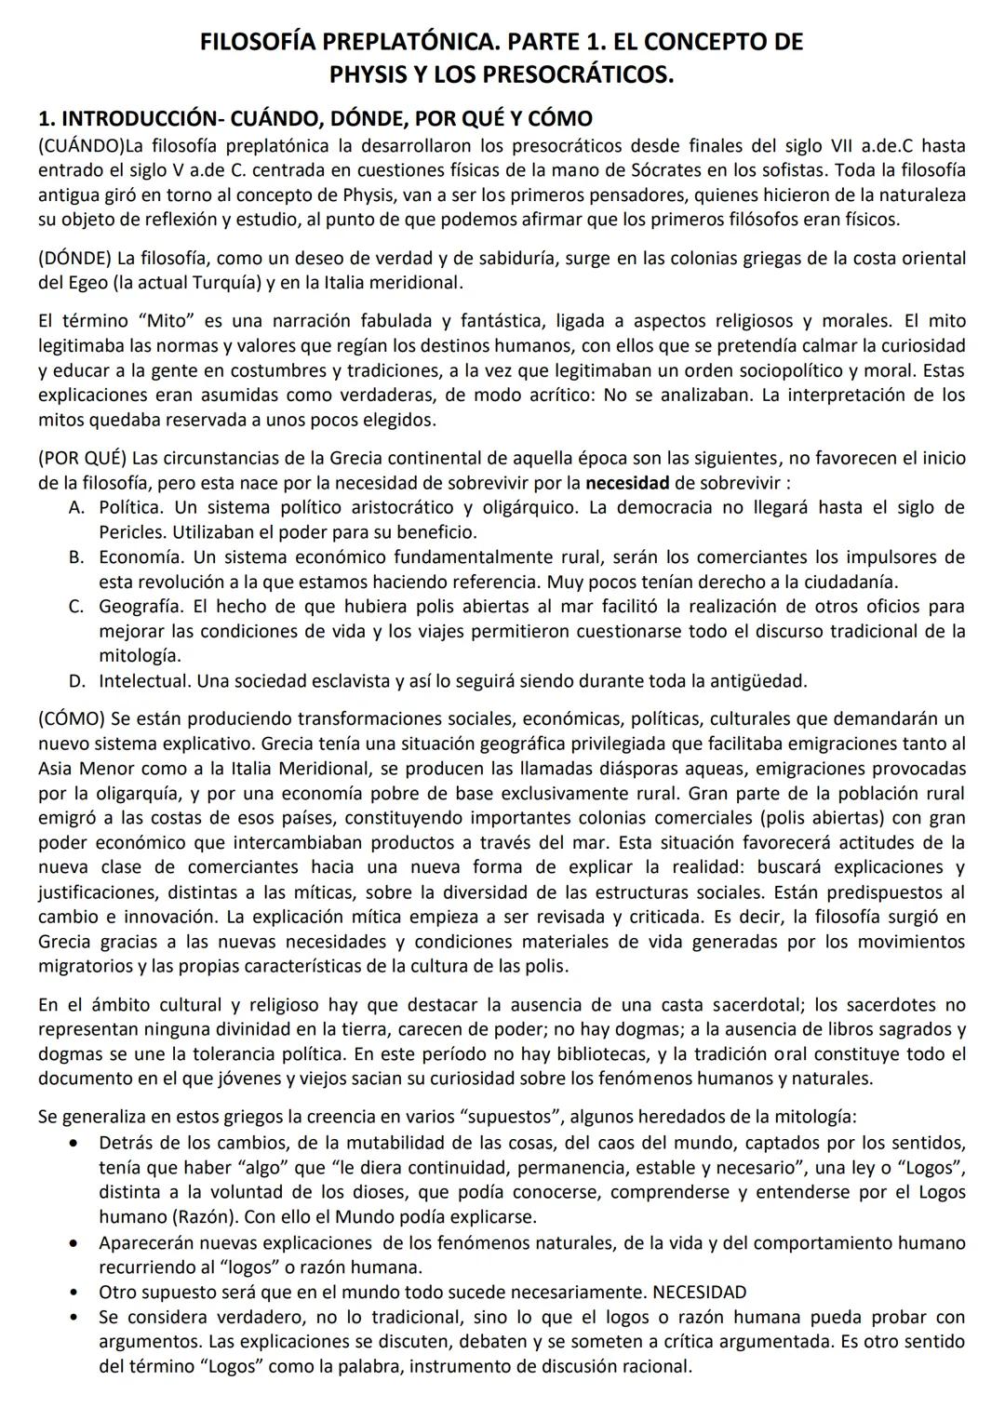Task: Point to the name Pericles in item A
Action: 128,532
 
